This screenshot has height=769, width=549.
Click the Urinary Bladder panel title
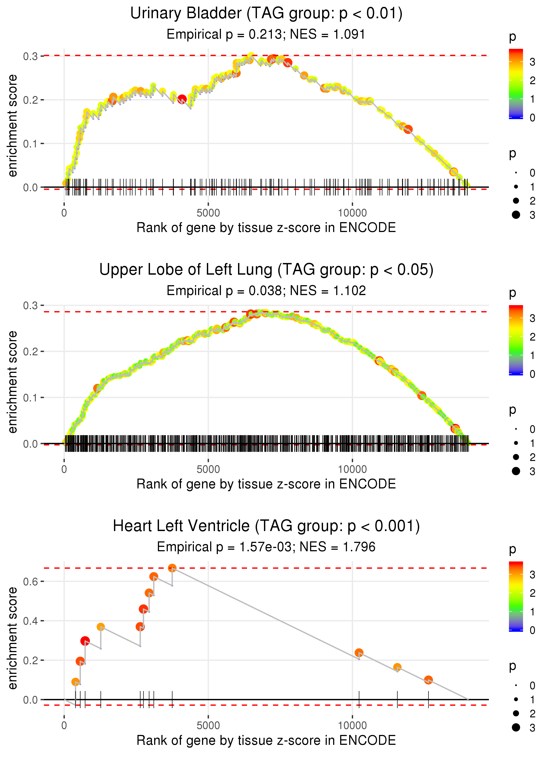click(266, 14)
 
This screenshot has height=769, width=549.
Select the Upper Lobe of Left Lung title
click(266, 270)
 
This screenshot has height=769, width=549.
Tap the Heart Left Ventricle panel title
click(266, 526)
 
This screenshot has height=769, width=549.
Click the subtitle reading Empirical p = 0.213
click(224, 34)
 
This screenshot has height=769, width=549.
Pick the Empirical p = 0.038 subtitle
click(224, 291)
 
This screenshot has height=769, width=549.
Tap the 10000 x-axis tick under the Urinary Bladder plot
click(352, 213)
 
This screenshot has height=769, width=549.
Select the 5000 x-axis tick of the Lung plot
click(208, 469)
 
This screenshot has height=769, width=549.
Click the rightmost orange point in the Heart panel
click(428, 680)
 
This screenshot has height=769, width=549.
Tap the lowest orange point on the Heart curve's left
click(76, 682)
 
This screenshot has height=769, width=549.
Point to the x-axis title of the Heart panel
click(266, 740)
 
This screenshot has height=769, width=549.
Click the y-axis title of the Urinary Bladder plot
click(13, 126)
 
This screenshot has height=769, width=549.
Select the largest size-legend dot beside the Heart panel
click(516, 727)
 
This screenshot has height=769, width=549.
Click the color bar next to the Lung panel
click(516, 340)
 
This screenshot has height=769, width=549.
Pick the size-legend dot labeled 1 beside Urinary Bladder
click(516, 187)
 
